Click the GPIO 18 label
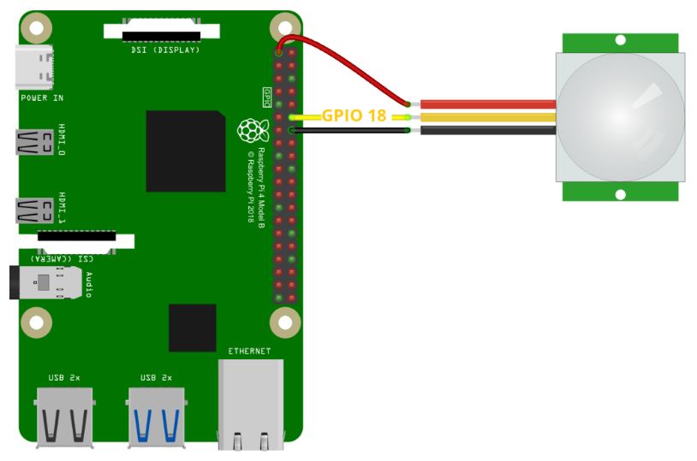[x=353, y=115]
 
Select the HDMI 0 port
[x=34, y=142]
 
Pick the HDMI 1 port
[x=34, y=210]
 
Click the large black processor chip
[x=185, y=151]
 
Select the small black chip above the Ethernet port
[x=193, y=327]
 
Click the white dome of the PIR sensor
[x=620, y=116]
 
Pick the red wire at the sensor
[x=488, y=104]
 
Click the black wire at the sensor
[x=488, y=131]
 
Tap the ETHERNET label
[x=249, y=352]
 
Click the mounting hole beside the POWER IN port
[x=35, y=31]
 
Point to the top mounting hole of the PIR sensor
[x=620, y=40]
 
